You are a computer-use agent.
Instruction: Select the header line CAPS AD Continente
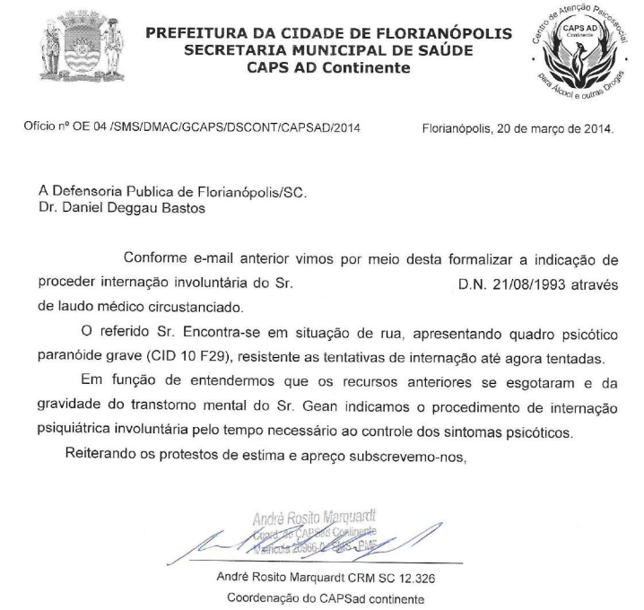pos(328,67)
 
